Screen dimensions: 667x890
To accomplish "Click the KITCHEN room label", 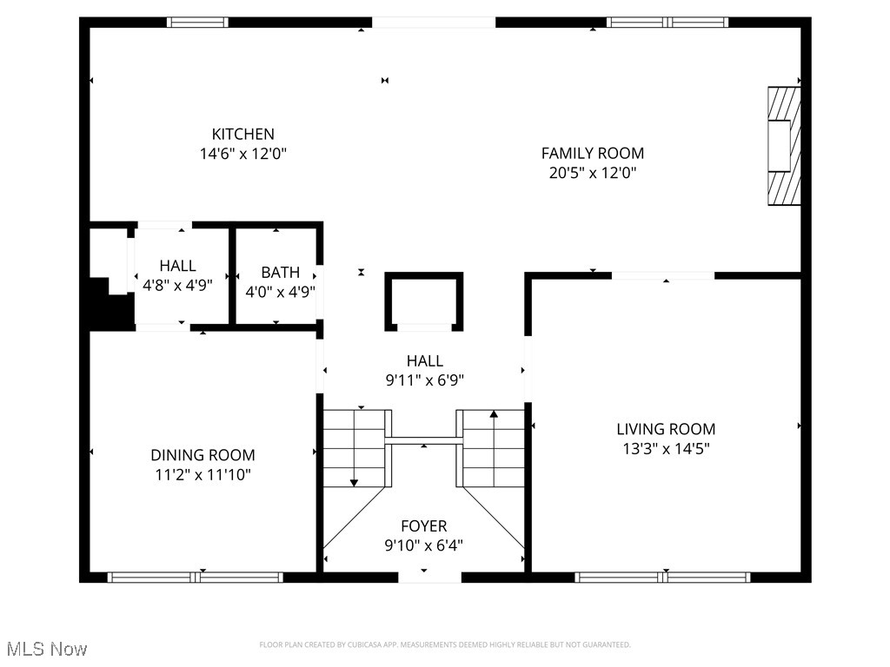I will click(x=243, y=134).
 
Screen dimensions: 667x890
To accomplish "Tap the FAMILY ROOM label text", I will click(x=592, y=154).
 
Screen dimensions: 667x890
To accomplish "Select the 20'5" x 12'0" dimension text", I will click(x=592, y=173).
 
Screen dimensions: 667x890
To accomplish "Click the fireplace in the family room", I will click(x=782, y=146).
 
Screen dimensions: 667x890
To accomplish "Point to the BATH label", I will click(x=280, y=273).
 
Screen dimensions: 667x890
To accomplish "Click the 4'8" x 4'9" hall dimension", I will click(x=177, y=285).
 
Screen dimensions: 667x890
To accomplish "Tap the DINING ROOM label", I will click(x=203, y=455).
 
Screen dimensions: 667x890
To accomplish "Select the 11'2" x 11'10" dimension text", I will click(x=203, y=475).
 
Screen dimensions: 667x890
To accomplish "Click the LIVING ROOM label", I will click(x=666, y=429).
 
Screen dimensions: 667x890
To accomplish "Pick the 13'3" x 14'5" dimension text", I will click(x=666, y=449).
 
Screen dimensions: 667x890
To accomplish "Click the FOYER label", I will click(x=424, y=526).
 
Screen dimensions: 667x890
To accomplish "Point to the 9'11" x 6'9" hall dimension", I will click(x=424, y=380).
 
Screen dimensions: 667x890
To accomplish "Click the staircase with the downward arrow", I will click(x=355, y=447).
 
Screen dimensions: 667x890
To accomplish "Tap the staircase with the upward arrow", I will click(x=493, y=447).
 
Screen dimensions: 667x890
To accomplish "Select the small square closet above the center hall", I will click(x=424, y=301).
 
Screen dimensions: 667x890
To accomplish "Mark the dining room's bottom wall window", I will click(x=196, y=577).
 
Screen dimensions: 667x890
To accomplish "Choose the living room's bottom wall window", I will click(x=662, y=577).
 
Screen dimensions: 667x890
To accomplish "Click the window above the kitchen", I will click(x=197, y=23).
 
